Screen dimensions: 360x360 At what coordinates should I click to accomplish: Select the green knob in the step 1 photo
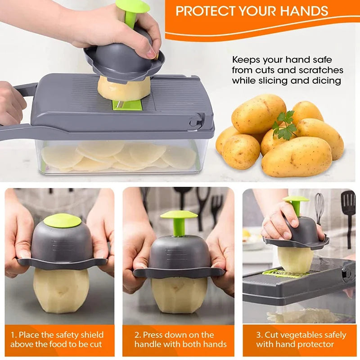pyautogui.click(x=63, y=220)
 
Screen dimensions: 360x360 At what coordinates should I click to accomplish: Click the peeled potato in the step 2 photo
pyautogui.click(x=179, y=294)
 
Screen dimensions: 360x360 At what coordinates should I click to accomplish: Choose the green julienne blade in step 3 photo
pyautogui.click(x=281, y=273)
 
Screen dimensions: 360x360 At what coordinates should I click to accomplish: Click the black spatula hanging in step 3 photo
pyautogui.click(x=348, y=211)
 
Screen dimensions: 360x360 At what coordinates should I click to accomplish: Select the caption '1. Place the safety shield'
pyautogui.click(x=57, y=335)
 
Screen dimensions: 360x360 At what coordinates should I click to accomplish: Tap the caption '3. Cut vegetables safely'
pyautogui.click(x=301, y=335)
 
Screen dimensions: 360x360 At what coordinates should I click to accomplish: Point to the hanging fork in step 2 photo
pyautogui.click(x=216, y=207)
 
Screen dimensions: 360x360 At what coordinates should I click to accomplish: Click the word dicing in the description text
pyautogui.click(x=326, y=81)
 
